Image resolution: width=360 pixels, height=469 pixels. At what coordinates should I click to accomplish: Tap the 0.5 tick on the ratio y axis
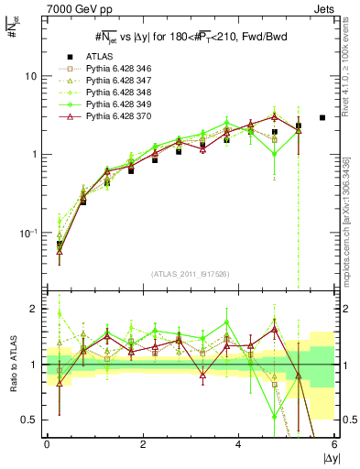tap(31, 420)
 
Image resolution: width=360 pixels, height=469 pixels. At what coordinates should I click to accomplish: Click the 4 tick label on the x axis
tap(238, 444)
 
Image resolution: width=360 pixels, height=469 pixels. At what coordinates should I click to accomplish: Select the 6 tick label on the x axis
tap(334, 444)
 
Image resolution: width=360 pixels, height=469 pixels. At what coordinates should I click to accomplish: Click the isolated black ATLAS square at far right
tap(322, 117)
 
